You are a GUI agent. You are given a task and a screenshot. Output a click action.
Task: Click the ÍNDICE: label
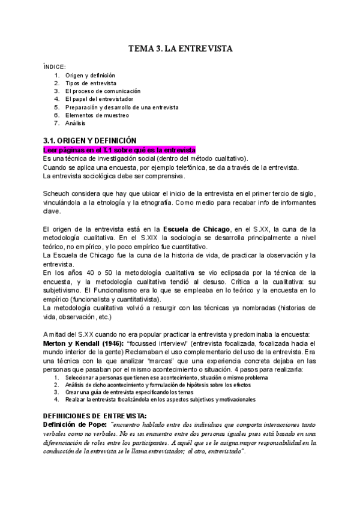click(55, 66)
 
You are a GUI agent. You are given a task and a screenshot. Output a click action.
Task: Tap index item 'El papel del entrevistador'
click(103, 98)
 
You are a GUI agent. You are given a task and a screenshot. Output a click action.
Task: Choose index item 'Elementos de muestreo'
click(97, 115)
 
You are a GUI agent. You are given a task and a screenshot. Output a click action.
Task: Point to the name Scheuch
click(58, 193)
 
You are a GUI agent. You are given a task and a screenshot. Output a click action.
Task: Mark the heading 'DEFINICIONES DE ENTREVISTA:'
click(95, 415)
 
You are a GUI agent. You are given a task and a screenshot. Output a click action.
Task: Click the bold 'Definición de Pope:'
click(76, 424)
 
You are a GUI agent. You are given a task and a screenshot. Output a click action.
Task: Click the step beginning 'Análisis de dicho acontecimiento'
click(154, 384)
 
